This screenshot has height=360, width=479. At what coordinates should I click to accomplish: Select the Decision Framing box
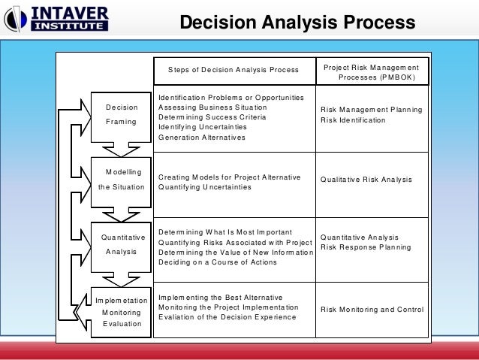point(121,113)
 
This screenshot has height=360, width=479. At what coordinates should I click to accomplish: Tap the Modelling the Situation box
point(121,179)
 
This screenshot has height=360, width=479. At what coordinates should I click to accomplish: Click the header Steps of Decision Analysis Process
point(233,70)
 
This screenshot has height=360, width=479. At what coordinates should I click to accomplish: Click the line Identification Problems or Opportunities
point(231,97)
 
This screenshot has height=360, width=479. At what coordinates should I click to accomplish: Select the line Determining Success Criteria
point(212,116)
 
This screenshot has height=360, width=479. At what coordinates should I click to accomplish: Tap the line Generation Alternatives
point(201,137)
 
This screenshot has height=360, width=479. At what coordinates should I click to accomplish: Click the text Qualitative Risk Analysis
point(366,180)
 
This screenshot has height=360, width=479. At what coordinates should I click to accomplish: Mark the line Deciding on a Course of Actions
point(218,262)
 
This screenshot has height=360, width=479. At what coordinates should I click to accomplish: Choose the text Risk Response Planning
point(366,247)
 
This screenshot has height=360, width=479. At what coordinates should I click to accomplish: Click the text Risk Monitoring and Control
point(372,310)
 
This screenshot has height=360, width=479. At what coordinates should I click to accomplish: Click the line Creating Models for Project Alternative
point(229,177)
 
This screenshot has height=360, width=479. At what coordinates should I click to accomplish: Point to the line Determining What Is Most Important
point(224,231)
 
